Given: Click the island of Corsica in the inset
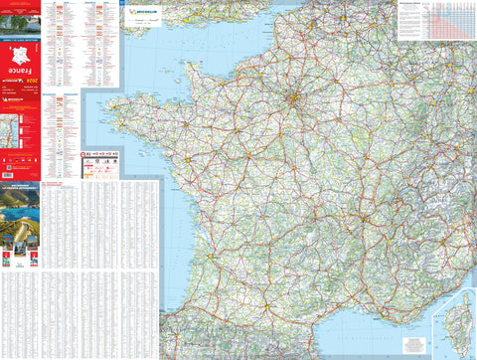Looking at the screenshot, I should tap(460, 318).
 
